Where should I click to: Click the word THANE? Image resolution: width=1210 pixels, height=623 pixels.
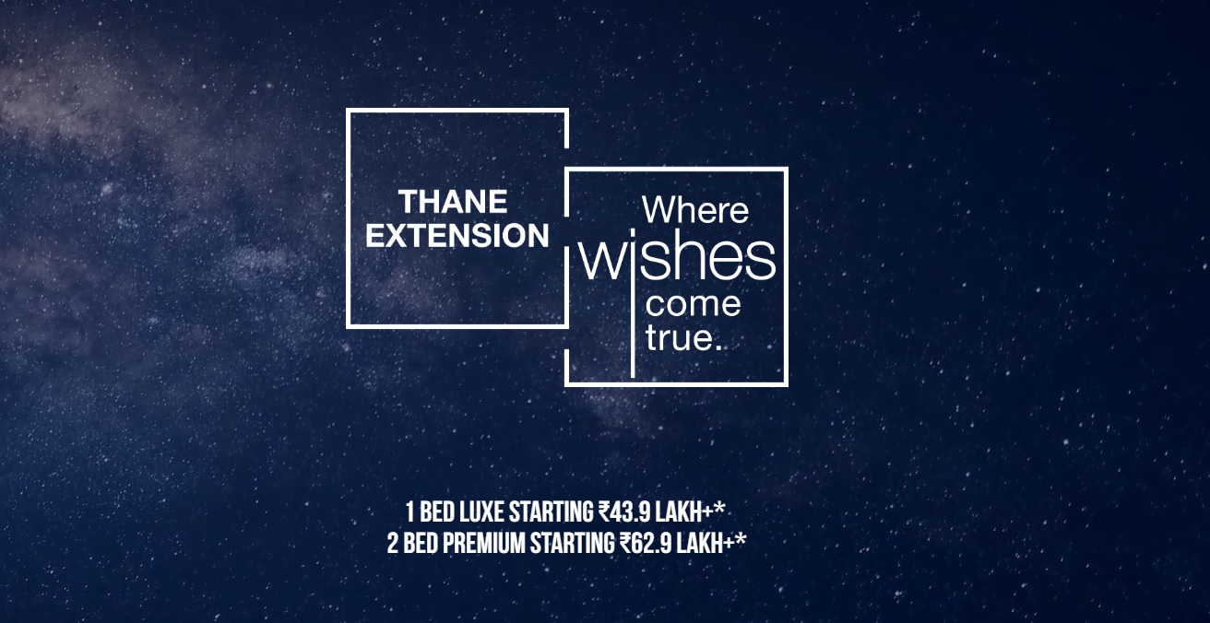453,202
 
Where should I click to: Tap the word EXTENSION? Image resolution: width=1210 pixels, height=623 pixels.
457,236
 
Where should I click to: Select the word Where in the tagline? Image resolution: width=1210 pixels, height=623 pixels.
695,210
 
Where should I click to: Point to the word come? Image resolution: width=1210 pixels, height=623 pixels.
693,304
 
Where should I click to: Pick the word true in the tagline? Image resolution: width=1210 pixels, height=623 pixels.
680,338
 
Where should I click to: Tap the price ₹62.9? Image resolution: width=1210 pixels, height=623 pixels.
646,543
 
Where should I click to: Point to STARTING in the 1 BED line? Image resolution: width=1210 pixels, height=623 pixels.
552,512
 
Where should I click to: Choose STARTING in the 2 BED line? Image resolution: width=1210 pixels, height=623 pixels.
573,543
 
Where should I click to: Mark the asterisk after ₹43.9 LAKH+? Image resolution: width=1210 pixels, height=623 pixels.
719,509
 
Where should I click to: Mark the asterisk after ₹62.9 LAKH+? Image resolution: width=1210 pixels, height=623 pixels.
741,539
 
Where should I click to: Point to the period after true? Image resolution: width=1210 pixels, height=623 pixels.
718,347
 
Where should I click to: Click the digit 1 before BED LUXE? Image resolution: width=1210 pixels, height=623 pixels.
410,512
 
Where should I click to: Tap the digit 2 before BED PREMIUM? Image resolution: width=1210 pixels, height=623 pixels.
393,543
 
